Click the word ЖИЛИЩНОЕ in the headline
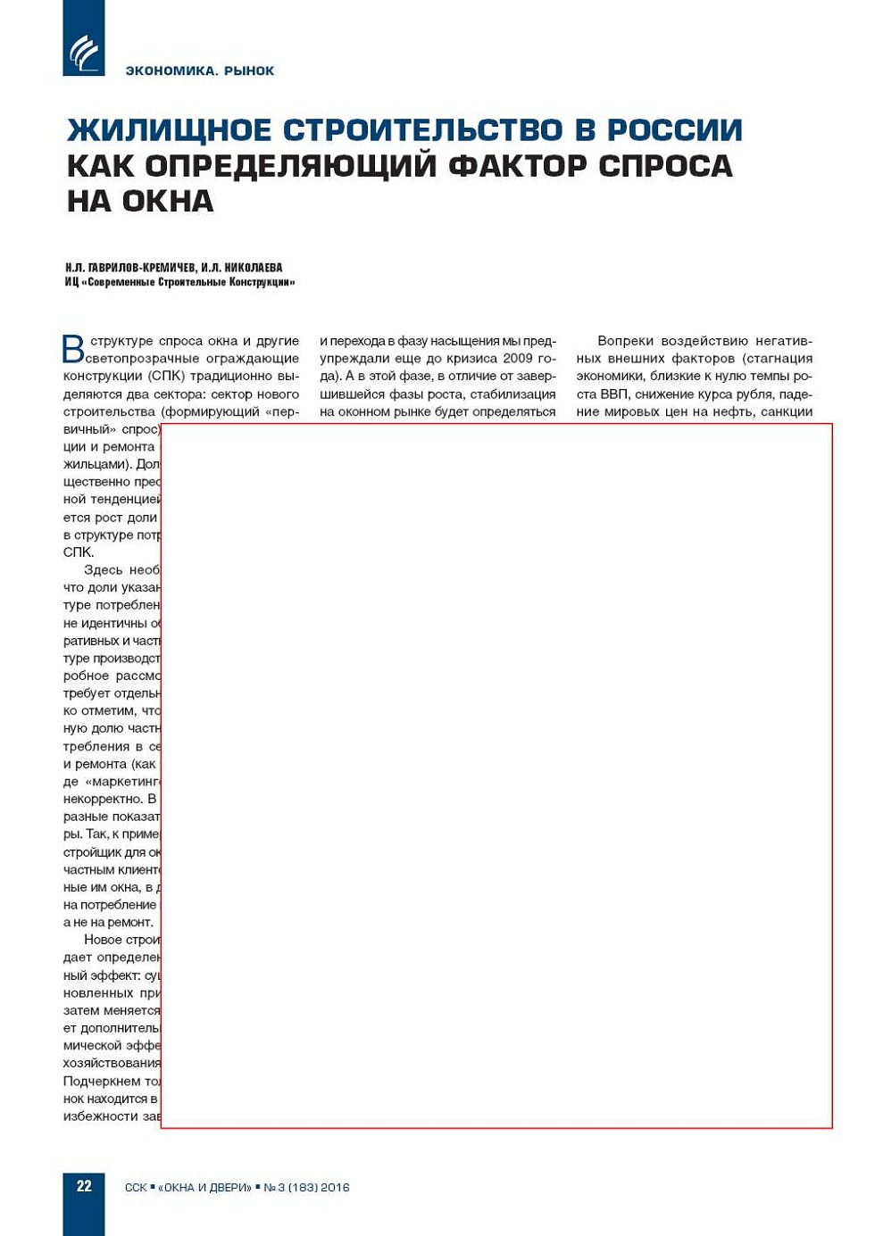[169, 130]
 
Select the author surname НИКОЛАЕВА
[254, 268]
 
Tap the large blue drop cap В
[73, 349]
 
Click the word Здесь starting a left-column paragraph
[103, 569]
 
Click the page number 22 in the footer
[84, 1186]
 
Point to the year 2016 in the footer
[335, 1188]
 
